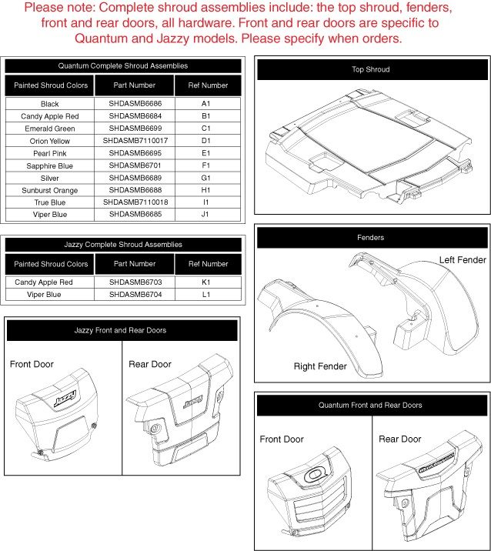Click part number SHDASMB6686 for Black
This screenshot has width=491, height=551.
[x=135, y=104]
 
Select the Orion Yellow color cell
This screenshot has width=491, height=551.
[x=50, y=141]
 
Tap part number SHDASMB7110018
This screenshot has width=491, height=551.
[x=135, y=202]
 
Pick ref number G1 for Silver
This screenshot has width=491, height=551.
[x=205, y=178]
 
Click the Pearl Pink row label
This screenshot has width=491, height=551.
[x=50, y=154]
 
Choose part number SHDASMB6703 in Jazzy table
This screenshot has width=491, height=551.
[x=135, y=282]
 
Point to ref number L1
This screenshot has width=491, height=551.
[x=206, y=295]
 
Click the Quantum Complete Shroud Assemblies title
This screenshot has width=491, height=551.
[x=123, y=65]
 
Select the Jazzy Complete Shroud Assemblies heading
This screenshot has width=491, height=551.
[x=123, y=245]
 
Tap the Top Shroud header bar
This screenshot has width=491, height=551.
[x=372, y=69]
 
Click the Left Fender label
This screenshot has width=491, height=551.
[x=463, y=260]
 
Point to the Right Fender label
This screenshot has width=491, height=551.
[x=320, y=366]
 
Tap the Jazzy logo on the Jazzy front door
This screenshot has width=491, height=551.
[x=65, y=399]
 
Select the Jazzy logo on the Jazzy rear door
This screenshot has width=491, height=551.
[x=192, y=402]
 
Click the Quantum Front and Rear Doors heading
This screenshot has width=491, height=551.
[x=370, y=405]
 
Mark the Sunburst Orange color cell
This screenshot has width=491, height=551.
[x=50, y=190]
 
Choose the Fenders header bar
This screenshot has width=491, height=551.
[x=372, y=238]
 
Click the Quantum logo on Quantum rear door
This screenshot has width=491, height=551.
[x=437, y=463]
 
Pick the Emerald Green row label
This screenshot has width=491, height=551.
[x=50, y=129]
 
